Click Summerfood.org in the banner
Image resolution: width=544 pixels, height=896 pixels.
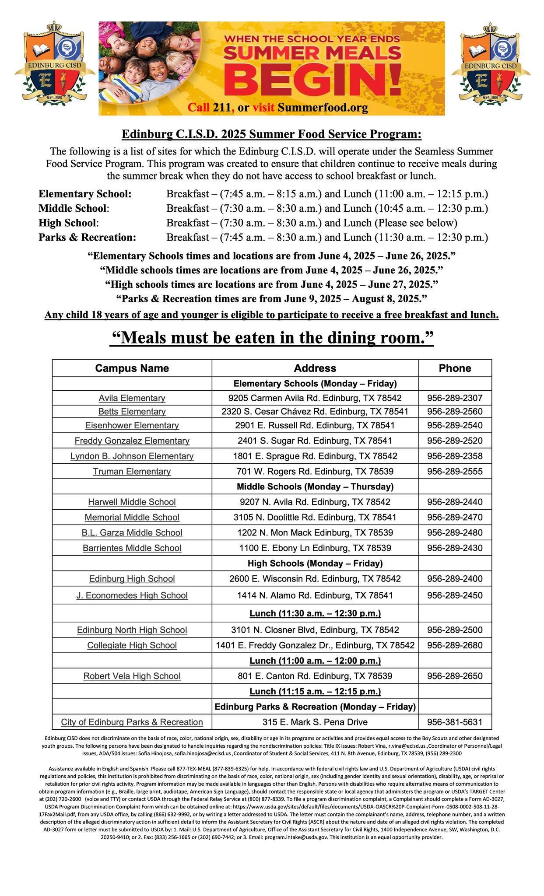coord(323,108)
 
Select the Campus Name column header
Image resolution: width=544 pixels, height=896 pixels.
coord(132,368)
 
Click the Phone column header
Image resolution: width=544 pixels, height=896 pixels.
coord(455,368)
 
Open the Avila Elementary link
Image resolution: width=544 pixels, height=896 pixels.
coord(132,398)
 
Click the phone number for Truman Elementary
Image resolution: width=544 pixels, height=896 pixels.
coord(455,471)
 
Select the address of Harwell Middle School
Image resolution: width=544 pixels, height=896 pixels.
coord(315,502)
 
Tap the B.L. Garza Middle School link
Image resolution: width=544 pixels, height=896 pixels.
coord(132,532)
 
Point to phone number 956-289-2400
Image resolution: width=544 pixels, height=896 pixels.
coord(455,579)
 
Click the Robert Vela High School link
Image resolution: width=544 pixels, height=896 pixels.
coord(132,676)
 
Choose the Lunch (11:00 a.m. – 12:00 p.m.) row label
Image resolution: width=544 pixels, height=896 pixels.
coord(315,660)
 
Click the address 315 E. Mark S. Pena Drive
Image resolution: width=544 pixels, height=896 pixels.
coord(315,722)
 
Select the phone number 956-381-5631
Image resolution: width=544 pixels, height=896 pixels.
coord(455,722)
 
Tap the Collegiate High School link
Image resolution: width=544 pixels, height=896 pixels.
coord(132,645)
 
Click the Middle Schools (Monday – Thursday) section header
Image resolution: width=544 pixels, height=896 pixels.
coord(315,486)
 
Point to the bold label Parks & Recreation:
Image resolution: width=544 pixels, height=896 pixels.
coord(88,238)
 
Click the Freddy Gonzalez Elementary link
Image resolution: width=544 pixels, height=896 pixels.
coord(132,441)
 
